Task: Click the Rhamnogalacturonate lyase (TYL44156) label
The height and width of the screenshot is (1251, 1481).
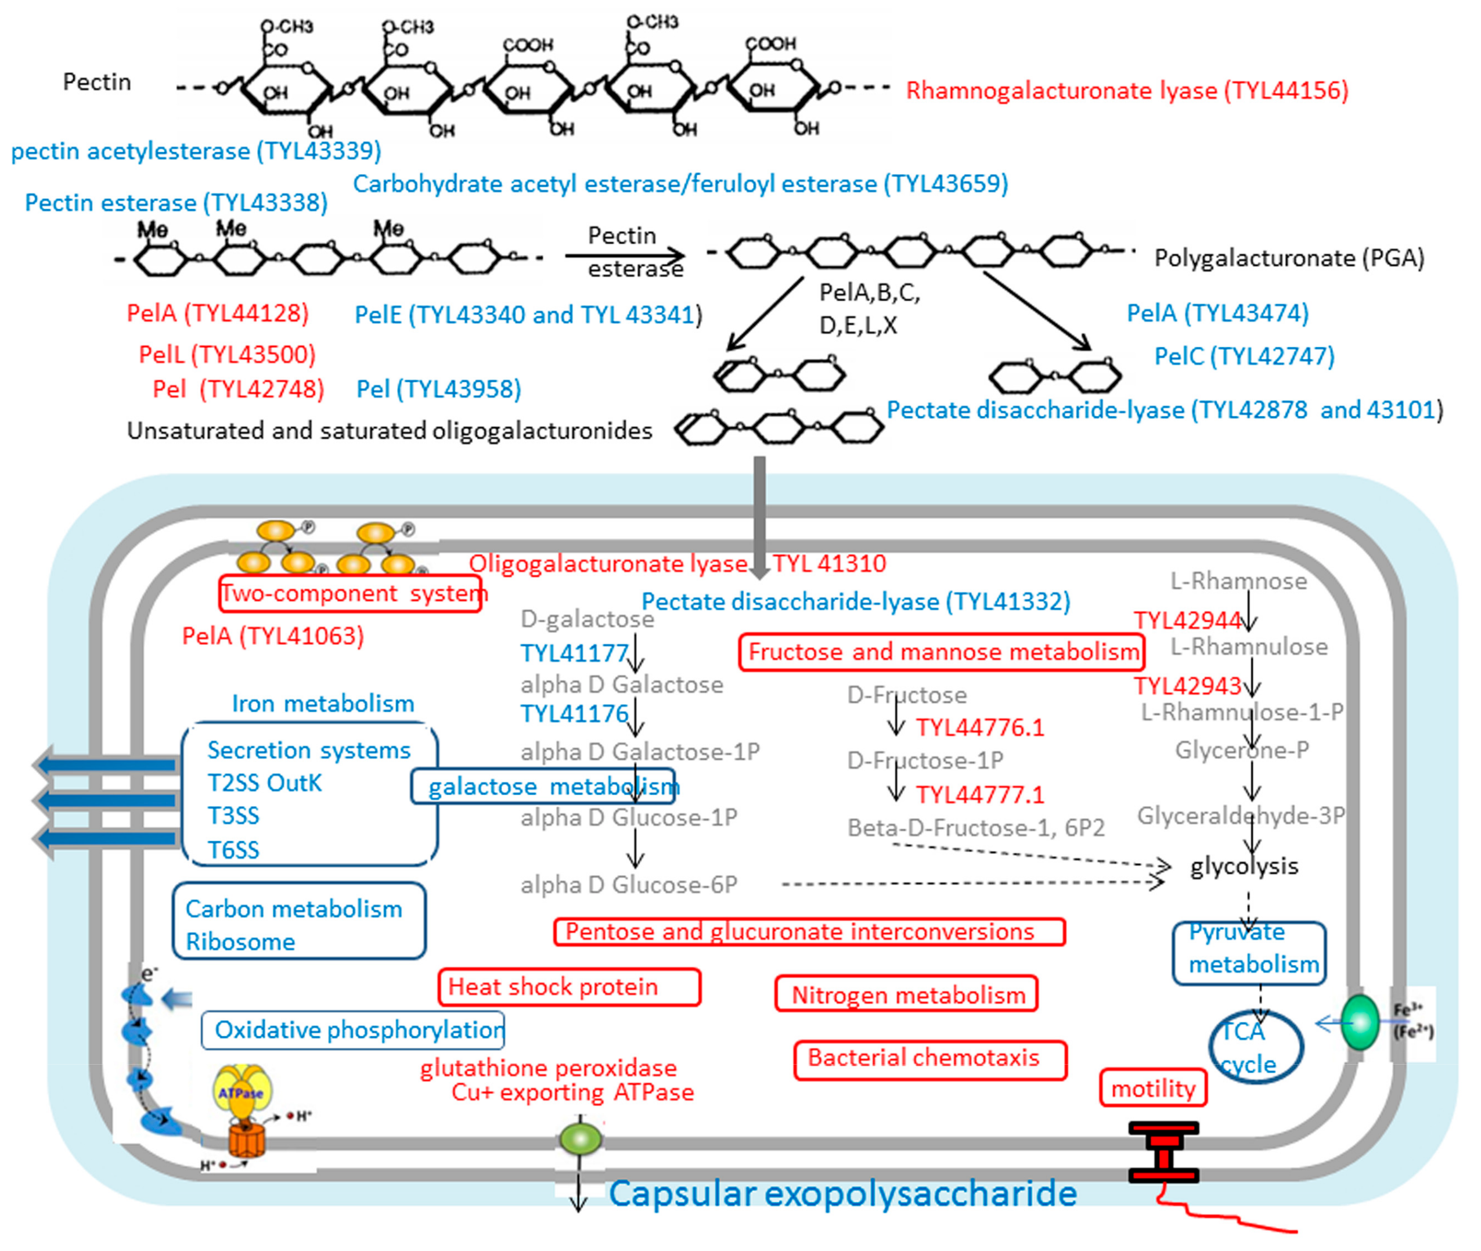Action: point(1127,91)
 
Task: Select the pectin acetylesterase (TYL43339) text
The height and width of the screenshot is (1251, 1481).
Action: point(196,151)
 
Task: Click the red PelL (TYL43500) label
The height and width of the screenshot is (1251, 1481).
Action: point(227,354)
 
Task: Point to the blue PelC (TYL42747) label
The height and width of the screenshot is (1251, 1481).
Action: point(1244,356)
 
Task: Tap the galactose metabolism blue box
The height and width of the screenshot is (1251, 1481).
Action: point(543,787)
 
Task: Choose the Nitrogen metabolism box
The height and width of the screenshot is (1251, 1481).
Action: point(906,995)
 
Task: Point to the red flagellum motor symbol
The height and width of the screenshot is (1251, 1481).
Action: point(1163,1152)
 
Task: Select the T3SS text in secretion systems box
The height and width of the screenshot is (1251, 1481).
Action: point(233,816)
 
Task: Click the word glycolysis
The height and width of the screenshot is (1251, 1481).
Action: point(1244,866)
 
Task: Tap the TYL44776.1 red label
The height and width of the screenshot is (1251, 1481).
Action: point(979,727)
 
